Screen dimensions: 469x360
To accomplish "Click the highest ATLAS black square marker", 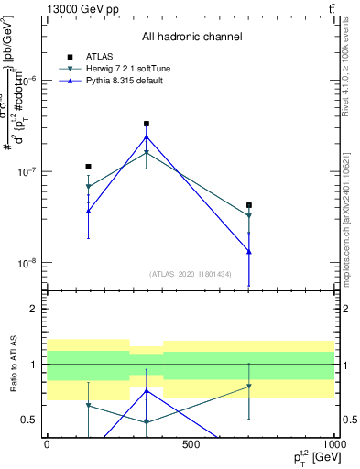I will pyautogui.click(x=147, y=124).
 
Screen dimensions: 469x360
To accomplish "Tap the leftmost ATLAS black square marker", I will pyautogui.click(x=88, y=167).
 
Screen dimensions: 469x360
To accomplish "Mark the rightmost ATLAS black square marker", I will pyautogui.click(x=249, y=206).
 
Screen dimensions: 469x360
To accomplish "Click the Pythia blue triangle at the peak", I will pyautogui.click(x=147, y=137).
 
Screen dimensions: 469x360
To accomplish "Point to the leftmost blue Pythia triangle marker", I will pyautogui.click(x=88, y=212).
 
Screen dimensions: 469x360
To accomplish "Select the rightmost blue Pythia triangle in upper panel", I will pyautogui.click(x=249, y=251).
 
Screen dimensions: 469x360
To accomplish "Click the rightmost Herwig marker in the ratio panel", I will pyautogui.click(x=249, y=387).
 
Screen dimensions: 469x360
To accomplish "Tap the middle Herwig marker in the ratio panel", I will pyautogui.click(x=147, y=422).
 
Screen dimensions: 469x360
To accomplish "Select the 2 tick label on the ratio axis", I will pyautogui.click(x=34, y=309).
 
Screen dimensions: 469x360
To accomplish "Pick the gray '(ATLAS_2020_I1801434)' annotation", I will pyautogui.click(x=191, y=274).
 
